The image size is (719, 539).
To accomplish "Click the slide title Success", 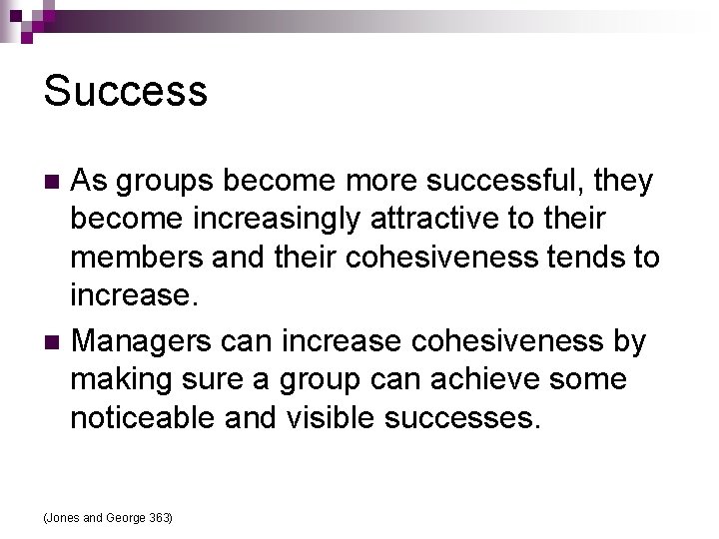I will (126, 91).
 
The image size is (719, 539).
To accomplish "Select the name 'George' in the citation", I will (125, 517).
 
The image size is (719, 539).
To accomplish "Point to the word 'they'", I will (624, 182).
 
